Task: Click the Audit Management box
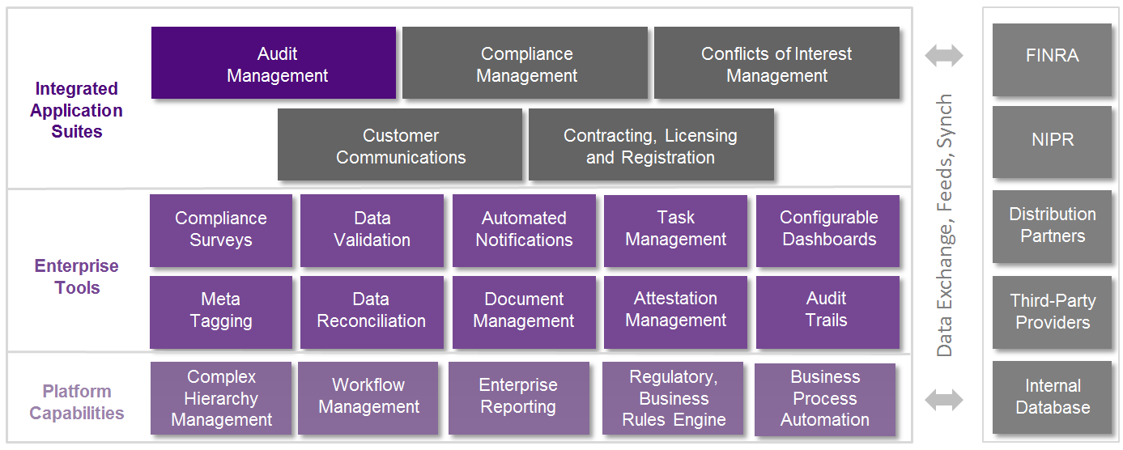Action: [x=274, y=63]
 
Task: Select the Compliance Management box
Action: [x=525, y=63]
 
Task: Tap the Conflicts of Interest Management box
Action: [x=776, y=63]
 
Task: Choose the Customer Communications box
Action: [x=400, y=145]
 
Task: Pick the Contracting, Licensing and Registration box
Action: [x=651, y=145]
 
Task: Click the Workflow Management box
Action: [x=368, y=397]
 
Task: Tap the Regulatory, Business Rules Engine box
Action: [x=673, y=397]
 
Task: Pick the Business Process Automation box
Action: [x=824, y=397]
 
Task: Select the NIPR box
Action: [x=1052, y=141]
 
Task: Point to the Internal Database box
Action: [x=1052, y=397]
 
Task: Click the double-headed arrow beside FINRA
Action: [x=944, y=56]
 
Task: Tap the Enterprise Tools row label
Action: [x=77, y=277]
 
